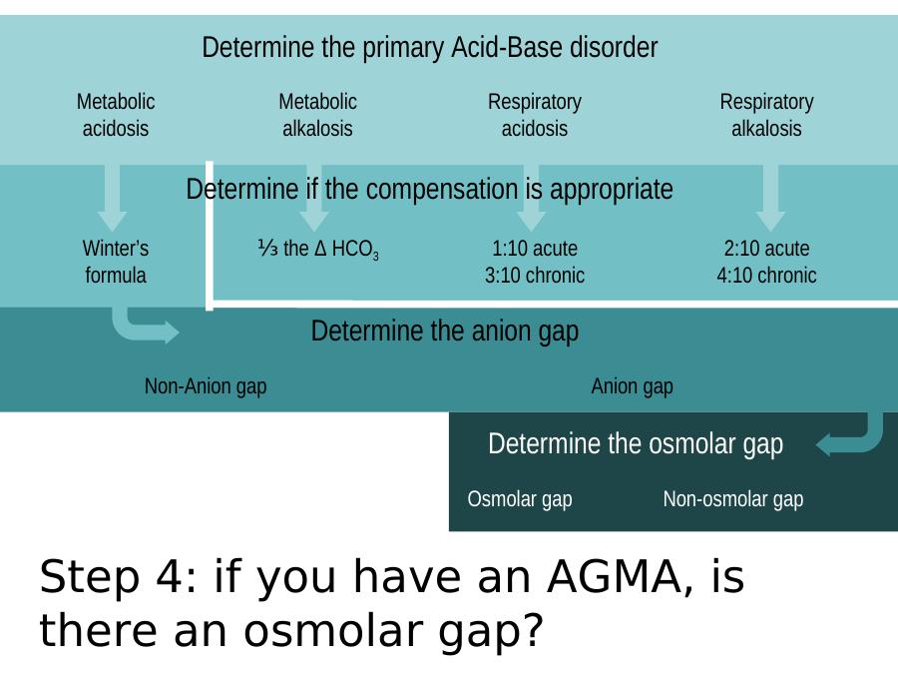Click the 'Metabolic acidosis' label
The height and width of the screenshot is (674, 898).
coord(116,115)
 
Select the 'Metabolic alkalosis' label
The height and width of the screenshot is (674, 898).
coord(318,115)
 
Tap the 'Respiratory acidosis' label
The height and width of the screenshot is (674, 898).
coord(535,115)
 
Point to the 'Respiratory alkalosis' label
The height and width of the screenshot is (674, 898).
coord(766,115)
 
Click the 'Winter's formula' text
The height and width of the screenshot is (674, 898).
coord(116,262)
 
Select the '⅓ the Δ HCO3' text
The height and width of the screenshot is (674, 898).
coord(318,250)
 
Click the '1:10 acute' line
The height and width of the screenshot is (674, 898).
coord(535,249)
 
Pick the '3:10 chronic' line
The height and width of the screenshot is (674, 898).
coord(535,276)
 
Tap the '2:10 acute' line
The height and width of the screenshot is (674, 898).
coord(766,249)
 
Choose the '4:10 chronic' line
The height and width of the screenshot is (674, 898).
coord(766,276)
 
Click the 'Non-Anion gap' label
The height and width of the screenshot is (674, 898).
coord(206,386)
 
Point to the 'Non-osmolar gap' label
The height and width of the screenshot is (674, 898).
coord(733,499)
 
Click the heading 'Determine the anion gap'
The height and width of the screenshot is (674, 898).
coord(445,332)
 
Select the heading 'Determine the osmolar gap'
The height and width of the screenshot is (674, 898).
coord(636,444)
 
